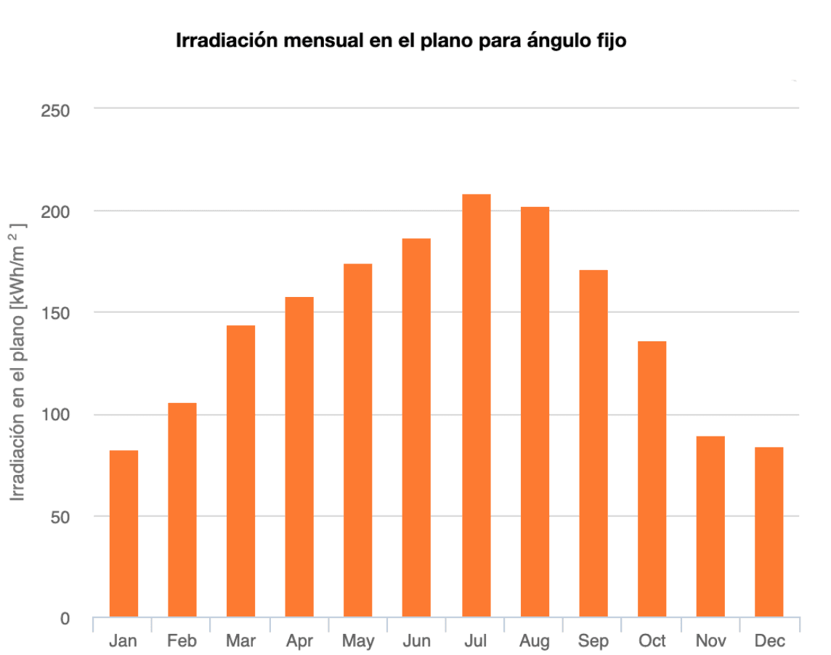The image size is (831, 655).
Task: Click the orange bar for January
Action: point(123,534)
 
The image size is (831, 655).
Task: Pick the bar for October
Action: point(652,479)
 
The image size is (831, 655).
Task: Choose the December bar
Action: point(769,532)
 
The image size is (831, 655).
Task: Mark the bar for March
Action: point(240,471)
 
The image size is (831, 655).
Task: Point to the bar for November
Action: point(710,526)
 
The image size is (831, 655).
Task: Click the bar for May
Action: point(358,440)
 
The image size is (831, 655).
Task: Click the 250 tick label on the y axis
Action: point(54,110)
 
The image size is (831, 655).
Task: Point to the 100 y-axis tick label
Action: point(54,415)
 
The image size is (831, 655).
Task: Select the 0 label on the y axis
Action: point(64,619)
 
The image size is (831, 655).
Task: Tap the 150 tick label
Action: point(54,314)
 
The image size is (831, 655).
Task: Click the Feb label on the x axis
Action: point(182,641)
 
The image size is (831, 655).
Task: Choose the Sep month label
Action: point(593,641)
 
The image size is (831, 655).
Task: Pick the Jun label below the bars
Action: point(416,641)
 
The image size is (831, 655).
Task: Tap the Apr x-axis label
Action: point(299,641)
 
